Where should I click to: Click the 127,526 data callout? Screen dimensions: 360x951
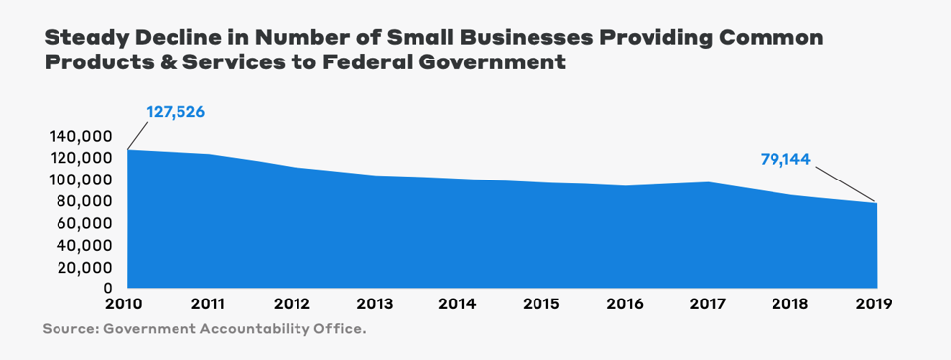(x=176, y=112)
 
